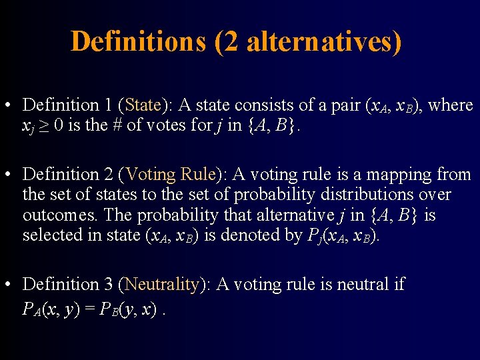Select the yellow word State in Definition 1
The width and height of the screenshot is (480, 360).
coord(143,105)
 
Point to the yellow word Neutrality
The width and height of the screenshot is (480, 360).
coord(161,285)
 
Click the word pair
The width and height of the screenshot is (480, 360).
coord(341,105)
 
